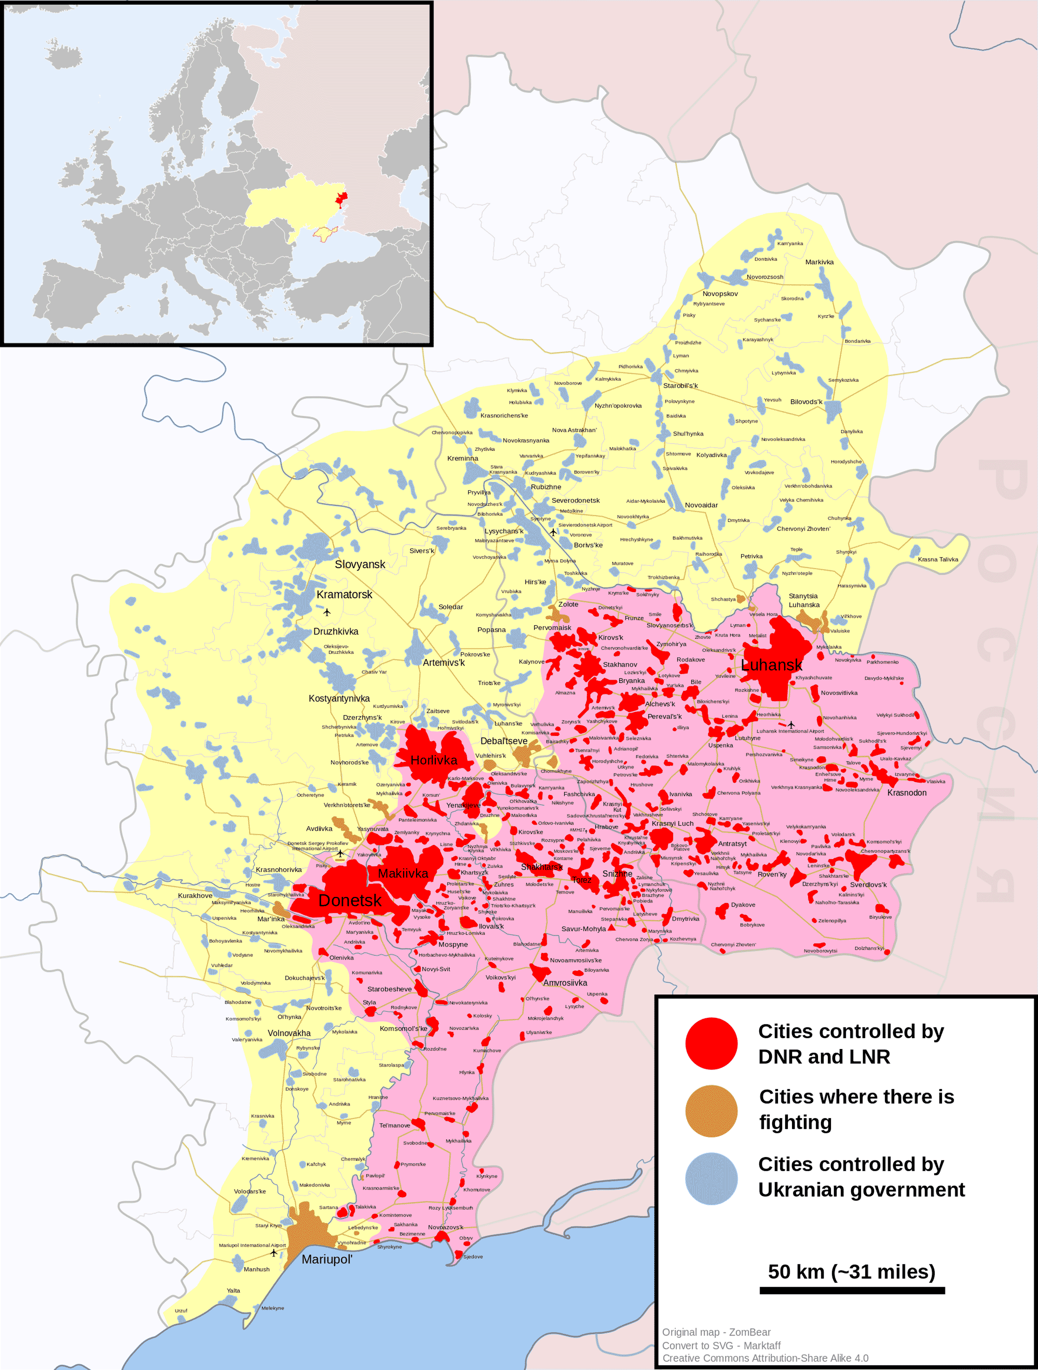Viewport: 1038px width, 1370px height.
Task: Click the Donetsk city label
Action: point(350,900)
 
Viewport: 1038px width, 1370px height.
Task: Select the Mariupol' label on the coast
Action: point(327,1259)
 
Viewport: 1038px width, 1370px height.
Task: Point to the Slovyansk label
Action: point(360,564)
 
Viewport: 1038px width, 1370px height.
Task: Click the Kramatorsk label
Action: point(344,594)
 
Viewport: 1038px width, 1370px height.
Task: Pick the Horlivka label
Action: point(434,760)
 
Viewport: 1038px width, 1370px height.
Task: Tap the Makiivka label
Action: point(403,873)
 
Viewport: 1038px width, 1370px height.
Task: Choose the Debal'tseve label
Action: point(504,741)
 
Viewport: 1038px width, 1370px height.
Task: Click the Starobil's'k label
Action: point(680,385)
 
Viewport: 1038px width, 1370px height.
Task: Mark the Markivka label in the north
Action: point(819,262)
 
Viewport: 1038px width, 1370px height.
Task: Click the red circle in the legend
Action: point(711,1043)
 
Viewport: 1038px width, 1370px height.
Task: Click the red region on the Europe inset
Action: point(341,198)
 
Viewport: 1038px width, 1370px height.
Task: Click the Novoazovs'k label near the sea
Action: point(445,1227)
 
